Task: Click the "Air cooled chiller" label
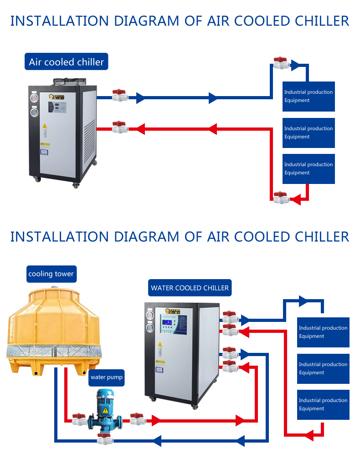66,62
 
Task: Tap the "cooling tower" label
51,274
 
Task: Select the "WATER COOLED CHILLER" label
190,288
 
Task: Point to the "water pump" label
107,377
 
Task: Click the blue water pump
105,410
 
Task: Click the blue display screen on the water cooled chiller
169,324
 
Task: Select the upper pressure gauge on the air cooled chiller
34,97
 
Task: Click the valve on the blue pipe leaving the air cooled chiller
120,95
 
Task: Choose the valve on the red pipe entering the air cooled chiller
120,127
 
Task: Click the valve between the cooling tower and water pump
78,419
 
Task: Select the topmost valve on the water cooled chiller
230,316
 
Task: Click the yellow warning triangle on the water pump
105,410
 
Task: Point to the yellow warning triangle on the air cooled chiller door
45,126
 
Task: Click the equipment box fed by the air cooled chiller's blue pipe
309,97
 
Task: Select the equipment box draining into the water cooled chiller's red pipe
323,405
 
